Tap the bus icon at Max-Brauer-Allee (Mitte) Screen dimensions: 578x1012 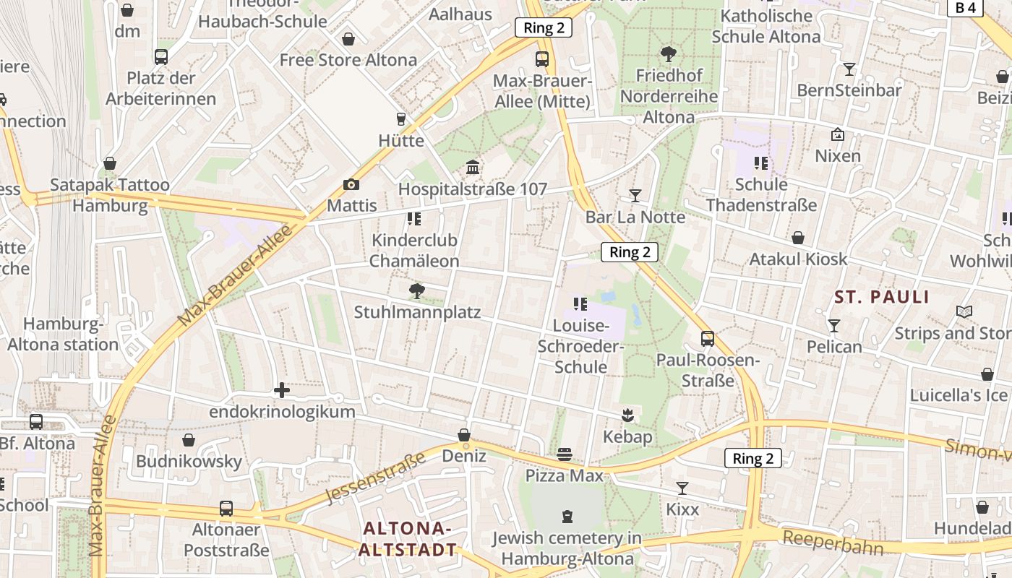point(542,59)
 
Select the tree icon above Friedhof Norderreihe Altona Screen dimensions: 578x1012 point(669,53)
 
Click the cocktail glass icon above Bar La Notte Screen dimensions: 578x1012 point(635,195)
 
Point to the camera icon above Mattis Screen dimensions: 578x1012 point(351,184)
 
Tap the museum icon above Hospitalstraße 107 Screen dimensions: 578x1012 point(473,168)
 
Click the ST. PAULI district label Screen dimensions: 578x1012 point(881,297)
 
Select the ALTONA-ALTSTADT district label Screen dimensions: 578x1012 point(408,539)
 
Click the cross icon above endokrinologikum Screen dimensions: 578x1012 point(282,391)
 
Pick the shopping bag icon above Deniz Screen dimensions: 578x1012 point(464,435)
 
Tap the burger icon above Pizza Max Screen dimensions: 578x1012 point(565,454)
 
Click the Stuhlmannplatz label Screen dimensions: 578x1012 point(417,313)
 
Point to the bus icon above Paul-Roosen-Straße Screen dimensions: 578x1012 point(708,338)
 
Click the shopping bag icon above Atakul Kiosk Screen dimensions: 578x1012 point(798,238)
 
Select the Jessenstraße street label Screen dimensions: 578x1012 point(375,477)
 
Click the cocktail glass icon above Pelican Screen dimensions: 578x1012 point(834,325)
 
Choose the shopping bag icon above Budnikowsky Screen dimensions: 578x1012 point(189,440)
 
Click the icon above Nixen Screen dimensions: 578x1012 point(838,134)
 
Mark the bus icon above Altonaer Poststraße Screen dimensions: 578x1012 point(226,509)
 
